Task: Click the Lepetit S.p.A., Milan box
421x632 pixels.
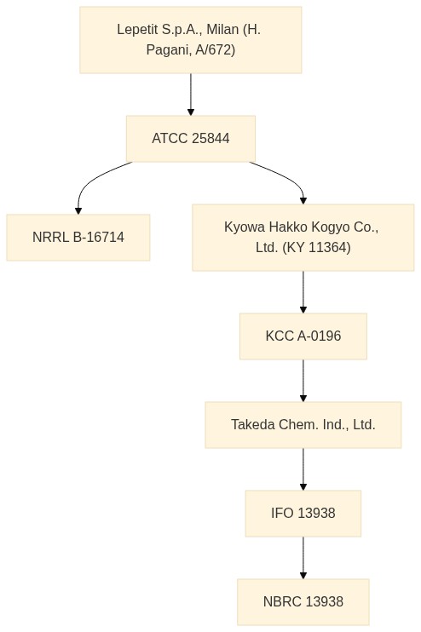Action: [191, 40]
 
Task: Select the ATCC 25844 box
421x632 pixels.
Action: [191, 139]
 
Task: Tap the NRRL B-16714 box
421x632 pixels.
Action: [78, 238]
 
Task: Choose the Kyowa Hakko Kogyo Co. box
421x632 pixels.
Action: [303, 238]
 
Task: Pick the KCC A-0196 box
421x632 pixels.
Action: [303, 336]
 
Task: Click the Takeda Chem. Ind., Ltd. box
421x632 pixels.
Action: [303, 425]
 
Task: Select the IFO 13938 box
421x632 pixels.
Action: [303, 514]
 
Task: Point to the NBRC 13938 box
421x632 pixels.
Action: [303, 602]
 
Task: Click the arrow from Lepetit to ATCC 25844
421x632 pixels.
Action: [191, 95]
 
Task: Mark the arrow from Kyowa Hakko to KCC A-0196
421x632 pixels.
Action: [303, 292]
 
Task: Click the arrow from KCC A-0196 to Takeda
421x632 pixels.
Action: [303, 381]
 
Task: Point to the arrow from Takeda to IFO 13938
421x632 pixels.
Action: [303, 469]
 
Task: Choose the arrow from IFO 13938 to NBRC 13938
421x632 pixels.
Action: [303, 558]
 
